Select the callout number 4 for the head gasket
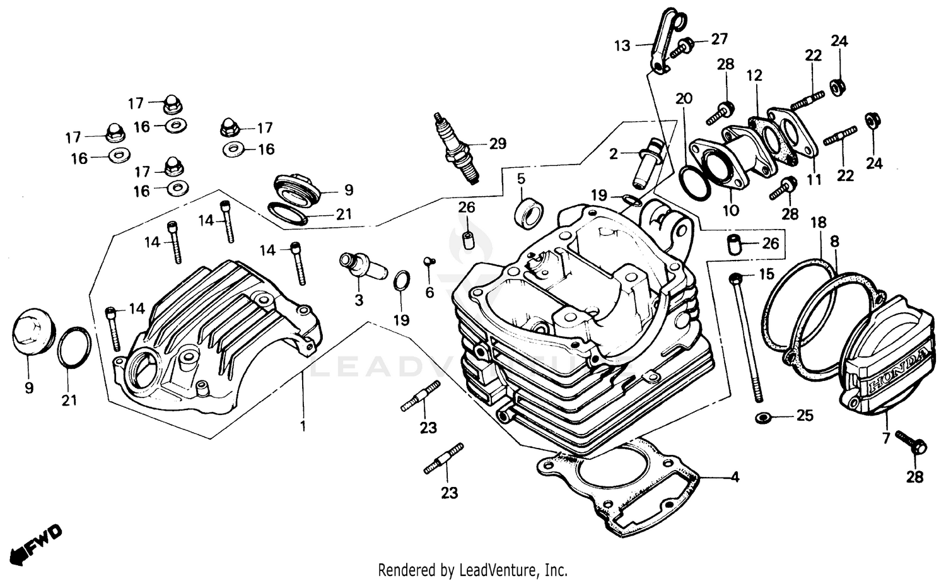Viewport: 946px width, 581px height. pyautogui.click(x=734, y=478)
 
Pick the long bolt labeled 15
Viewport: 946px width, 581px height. pyautogui.click(x=746, y=337)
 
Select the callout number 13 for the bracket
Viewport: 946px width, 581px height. pyautogui.click(x=622, y=45)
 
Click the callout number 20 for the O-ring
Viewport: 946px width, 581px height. pyautogui.click(x=684, y=98)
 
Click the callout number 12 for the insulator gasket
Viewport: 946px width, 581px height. pyautogui.click(x=754, y=76)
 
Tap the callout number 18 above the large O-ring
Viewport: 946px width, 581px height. pyautogui.click(x=818, y=222)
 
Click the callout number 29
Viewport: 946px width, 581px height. pyautogui.click(x=498, y=144)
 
